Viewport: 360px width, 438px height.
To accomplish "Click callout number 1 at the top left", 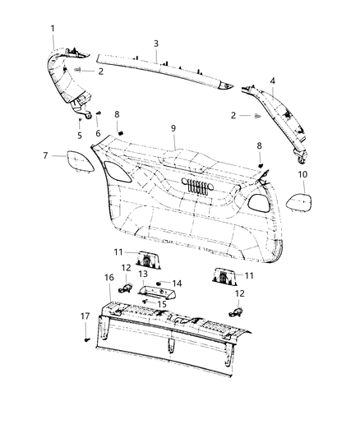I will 53,29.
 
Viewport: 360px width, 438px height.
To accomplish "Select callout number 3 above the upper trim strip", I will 155,43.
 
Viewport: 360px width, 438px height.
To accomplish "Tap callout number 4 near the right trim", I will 272,81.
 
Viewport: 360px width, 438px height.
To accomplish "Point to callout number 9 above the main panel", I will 173,129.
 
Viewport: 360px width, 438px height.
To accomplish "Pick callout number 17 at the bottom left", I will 85,316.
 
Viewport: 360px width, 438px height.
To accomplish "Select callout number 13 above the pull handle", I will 142,273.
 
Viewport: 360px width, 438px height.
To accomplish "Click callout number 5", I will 80,136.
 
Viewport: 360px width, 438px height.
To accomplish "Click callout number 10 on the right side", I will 302,175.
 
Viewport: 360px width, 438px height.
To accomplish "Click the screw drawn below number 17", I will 85,337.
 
